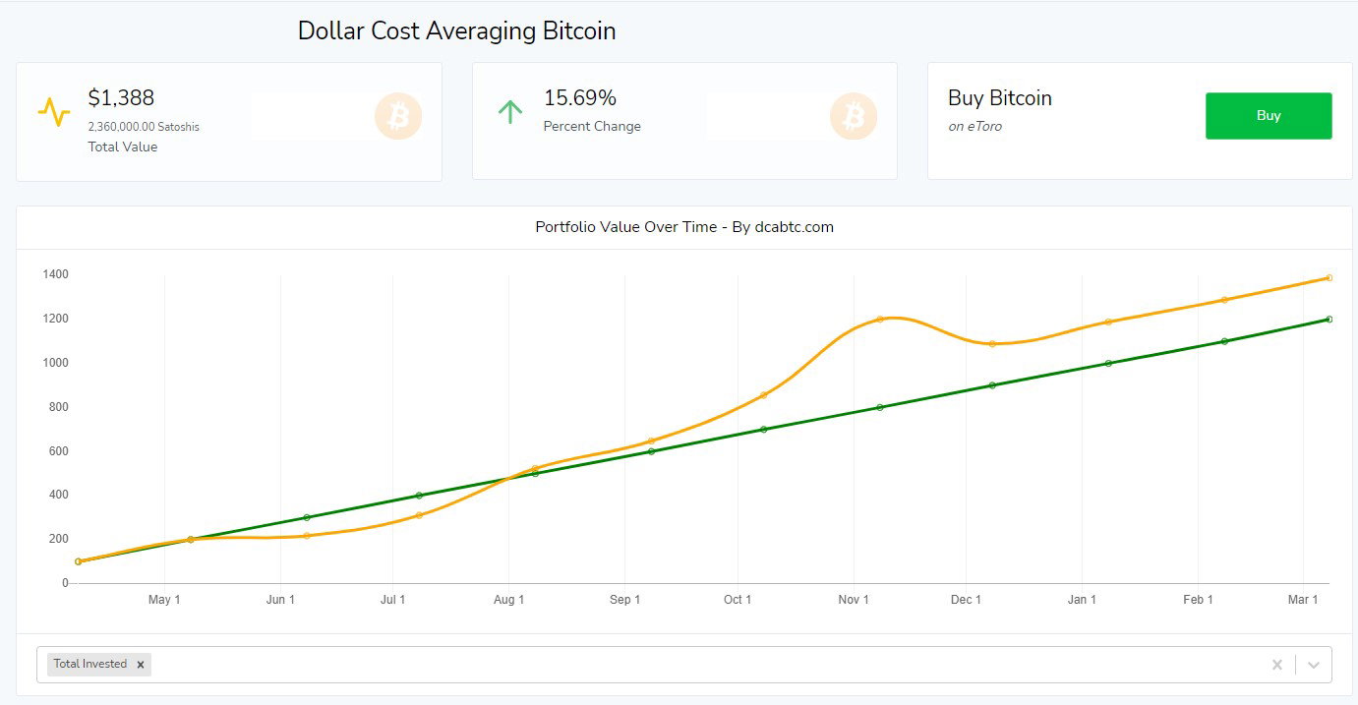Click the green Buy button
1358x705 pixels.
[1269, 116]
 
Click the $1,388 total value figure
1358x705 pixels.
[121, 97]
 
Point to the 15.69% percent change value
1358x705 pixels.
[579, 97]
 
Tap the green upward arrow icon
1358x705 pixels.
[509, 112]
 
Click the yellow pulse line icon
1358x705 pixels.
[54, 112]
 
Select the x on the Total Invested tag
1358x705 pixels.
[140, 665]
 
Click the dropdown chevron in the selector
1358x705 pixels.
[1313, 665]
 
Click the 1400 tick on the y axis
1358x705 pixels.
[55, 274]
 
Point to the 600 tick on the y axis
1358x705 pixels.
[58, 451]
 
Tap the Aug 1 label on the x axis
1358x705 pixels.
[508, 600]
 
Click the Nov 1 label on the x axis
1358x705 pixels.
[853, 600]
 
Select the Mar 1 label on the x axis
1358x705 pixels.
[1303, 600]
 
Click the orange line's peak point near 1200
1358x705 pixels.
[880, 319]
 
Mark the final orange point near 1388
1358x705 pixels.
[1329, 277]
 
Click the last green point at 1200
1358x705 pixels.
[1329, 319]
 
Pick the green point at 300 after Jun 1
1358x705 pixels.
[307, 517]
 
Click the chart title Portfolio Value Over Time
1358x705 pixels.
[625, 227]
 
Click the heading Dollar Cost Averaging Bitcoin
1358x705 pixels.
[456, 30]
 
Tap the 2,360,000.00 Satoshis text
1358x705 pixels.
[144, 127]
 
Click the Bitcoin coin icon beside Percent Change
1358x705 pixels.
[853, 116]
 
